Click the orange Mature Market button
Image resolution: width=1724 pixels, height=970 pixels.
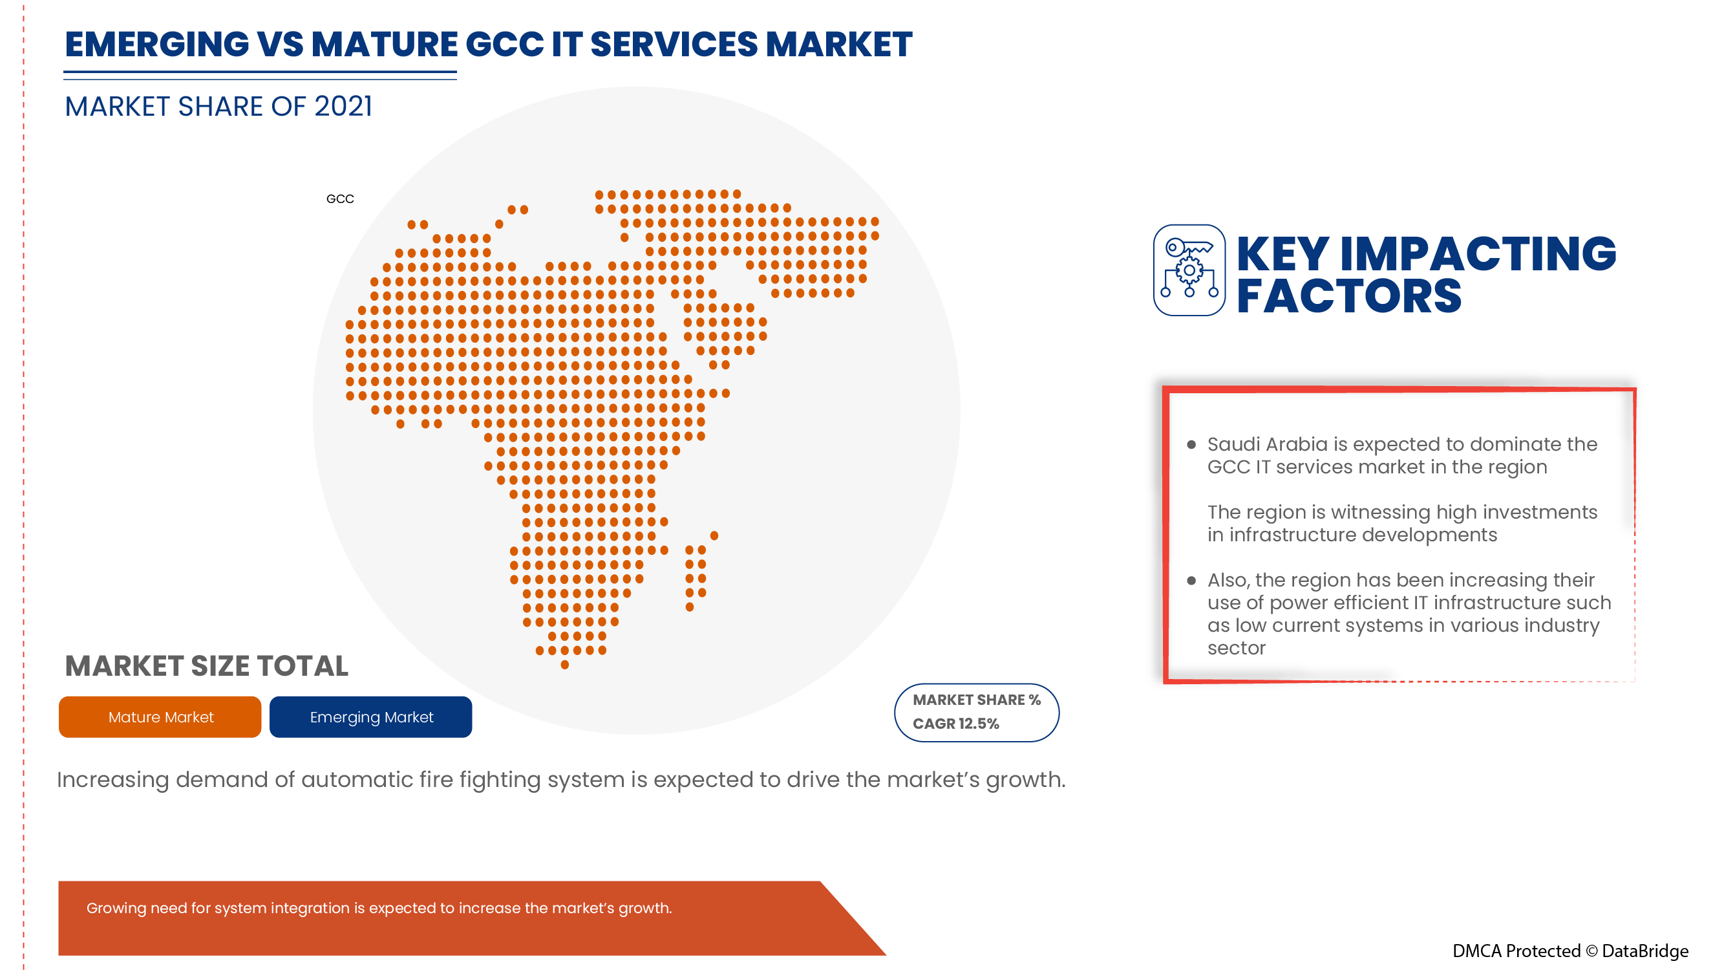tap(160, 717)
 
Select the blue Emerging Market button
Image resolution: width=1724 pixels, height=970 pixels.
tap(371, 717)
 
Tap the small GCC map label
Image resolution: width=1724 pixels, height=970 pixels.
tap(340, 199)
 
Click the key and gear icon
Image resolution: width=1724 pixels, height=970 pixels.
tap(1189, 270)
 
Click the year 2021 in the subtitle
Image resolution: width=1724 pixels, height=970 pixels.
tap(343, 107)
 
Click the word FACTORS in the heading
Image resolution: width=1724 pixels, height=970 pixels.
tap(1348, 297)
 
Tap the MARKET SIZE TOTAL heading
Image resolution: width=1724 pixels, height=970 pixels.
tap(206, 666)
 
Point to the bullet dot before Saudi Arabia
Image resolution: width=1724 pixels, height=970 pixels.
tap(1191, 444)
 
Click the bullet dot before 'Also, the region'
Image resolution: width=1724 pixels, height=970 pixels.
tap(1191, 581)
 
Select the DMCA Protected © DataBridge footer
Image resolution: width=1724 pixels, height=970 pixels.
tap(1570, 951)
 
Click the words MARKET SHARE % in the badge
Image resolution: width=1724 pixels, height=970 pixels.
tap(976, 700)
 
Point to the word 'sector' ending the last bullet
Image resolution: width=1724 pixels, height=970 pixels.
tap(1236, 648)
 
